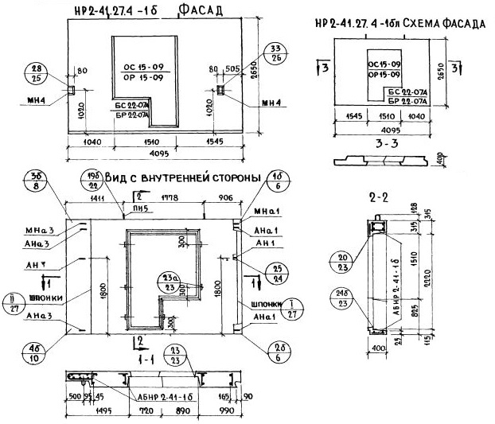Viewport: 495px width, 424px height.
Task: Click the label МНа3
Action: click(x=42, y=231)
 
